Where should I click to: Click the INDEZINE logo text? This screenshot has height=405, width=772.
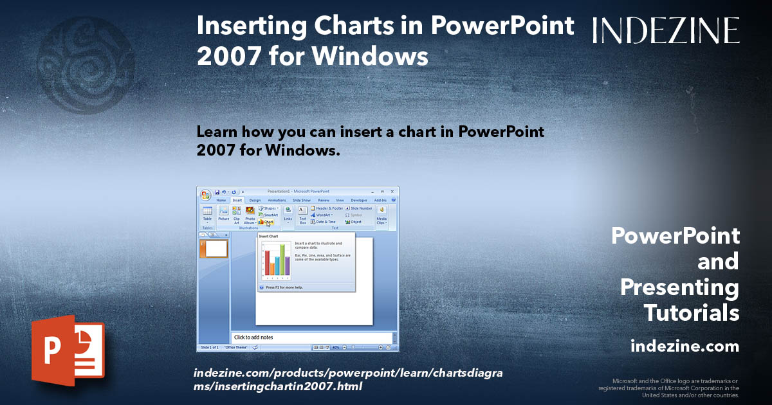point(666,30)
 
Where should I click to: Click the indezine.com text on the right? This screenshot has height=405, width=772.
point(685,346)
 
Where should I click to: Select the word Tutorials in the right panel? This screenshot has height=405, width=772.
point(691,313)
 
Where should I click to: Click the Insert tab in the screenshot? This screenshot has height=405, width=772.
point(237,200)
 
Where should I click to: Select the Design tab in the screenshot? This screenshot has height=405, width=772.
point(255,200)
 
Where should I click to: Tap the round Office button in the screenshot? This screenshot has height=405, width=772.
point(206,195)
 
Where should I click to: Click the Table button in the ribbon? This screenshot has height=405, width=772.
point(207,214)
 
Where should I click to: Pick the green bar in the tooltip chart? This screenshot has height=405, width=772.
point(280,261)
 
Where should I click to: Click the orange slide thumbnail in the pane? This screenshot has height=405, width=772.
point(216,249)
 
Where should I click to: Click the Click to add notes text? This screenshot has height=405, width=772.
point(253,337)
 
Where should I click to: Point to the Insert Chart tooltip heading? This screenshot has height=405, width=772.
point(269,237)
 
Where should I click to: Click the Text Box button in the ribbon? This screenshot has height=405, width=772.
point(302,214)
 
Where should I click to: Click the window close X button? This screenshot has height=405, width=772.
point(392,191)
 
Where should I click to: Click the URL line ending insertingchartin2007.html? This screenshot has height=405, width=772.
point(278,386)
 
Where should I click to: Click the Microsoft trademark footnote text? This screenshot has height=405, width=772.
point(669,388)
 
